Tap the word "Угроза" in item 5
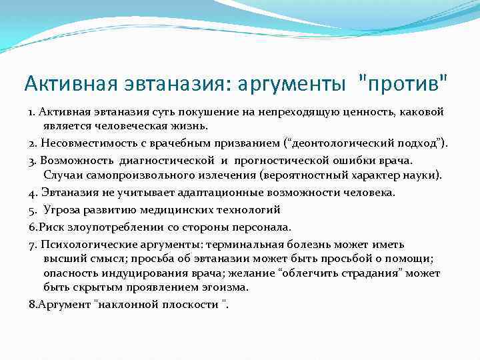pos(62,210)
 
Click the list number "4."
pos(33,193)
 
